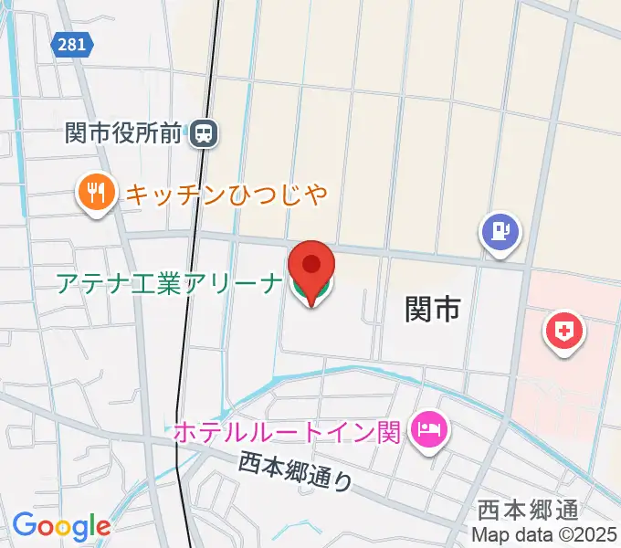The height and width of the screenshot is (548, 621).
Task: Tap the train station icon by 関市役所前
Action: point(204,134)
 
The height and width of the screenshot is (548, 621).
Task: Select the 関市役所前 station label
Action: point(126,134)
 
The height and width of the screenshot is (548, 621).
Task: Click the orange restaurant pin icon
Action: point(96,194)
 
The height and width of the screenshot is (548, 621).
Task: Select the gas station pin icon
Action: point(500,231)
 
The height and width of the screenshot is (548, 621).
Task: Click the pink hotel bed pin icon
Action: point(427,429)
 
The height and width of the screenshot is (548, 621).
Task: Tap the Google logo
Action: point(61,526)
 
